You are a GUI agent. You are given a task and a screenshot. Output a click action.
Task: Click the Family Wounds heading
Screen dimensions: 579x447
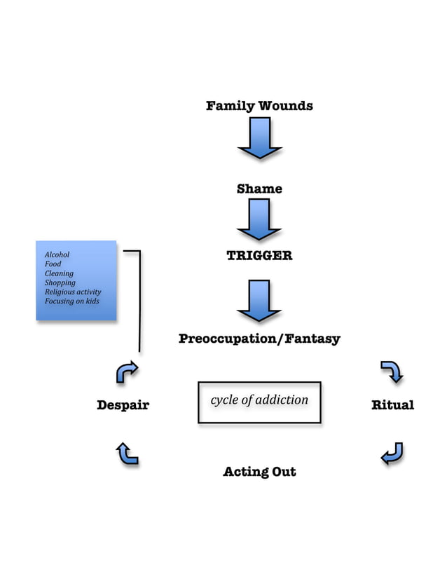coord(259,107)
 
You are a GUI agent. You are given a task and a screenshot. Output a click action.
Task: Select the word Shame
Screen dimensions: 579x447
coord(259,189)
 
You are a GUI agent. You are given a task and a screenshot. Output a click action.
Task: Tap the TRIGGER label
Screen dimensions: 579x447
coord(259,256)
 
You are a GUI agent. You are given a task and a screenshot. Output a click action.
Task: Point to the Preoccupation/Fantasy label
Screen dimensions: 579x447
coord(259,339)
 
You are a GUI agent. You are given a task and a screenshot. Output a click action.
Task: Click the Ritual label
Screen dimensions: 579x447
coord(392,405)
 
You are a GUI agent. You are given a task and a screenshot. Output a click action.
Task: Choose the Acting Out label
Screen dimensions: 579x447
coord(259,472)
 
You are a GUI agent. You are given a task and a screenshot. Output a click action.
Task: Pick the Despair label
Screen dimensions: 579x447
coord(123,405)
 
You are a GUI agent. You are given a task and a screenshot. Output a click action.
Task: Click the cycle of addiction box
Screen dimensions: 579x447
coord(259,402)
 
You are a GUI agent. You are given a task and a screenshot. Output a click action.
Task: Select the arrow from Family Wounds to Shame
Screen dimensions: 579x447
coord(259,138)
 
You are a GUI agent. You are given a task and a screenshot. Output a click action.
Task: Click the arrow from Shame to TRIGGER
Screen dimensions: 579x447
coord(259,219)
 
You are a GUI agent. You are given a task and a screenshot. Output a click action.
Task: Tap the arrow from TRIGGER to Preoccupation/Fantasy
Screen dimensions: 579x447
coord(259,300)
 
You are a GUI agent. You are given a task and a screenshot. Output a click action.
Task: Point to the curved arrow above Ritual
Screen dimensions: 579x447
coord(392,372)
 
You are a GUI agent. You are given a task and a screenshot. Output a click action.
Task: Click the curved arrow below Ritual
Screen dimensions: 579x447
coord(392,454)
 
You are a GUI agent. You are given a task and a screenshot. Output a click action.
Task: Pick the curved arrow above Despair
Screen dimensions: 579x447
coord(126,372)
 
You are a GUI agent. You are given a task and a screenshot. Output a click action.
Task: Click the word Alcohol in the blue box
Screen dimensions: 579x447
coord(57,254)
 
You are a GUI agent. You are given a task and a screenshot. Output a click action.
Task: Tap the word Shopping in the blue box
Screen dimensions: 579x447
coord(60,282)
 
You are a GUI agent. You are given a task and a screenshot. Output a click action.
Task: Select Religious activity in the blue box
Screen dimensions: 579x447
coord(73,292)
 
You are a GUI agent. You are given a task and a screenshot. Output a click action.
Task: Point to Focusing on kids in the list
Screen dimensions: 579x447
coord(71,301)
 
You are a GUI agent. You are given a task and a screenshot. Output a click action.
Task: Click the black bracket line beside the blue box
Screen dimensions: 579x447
coord(139,301)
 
